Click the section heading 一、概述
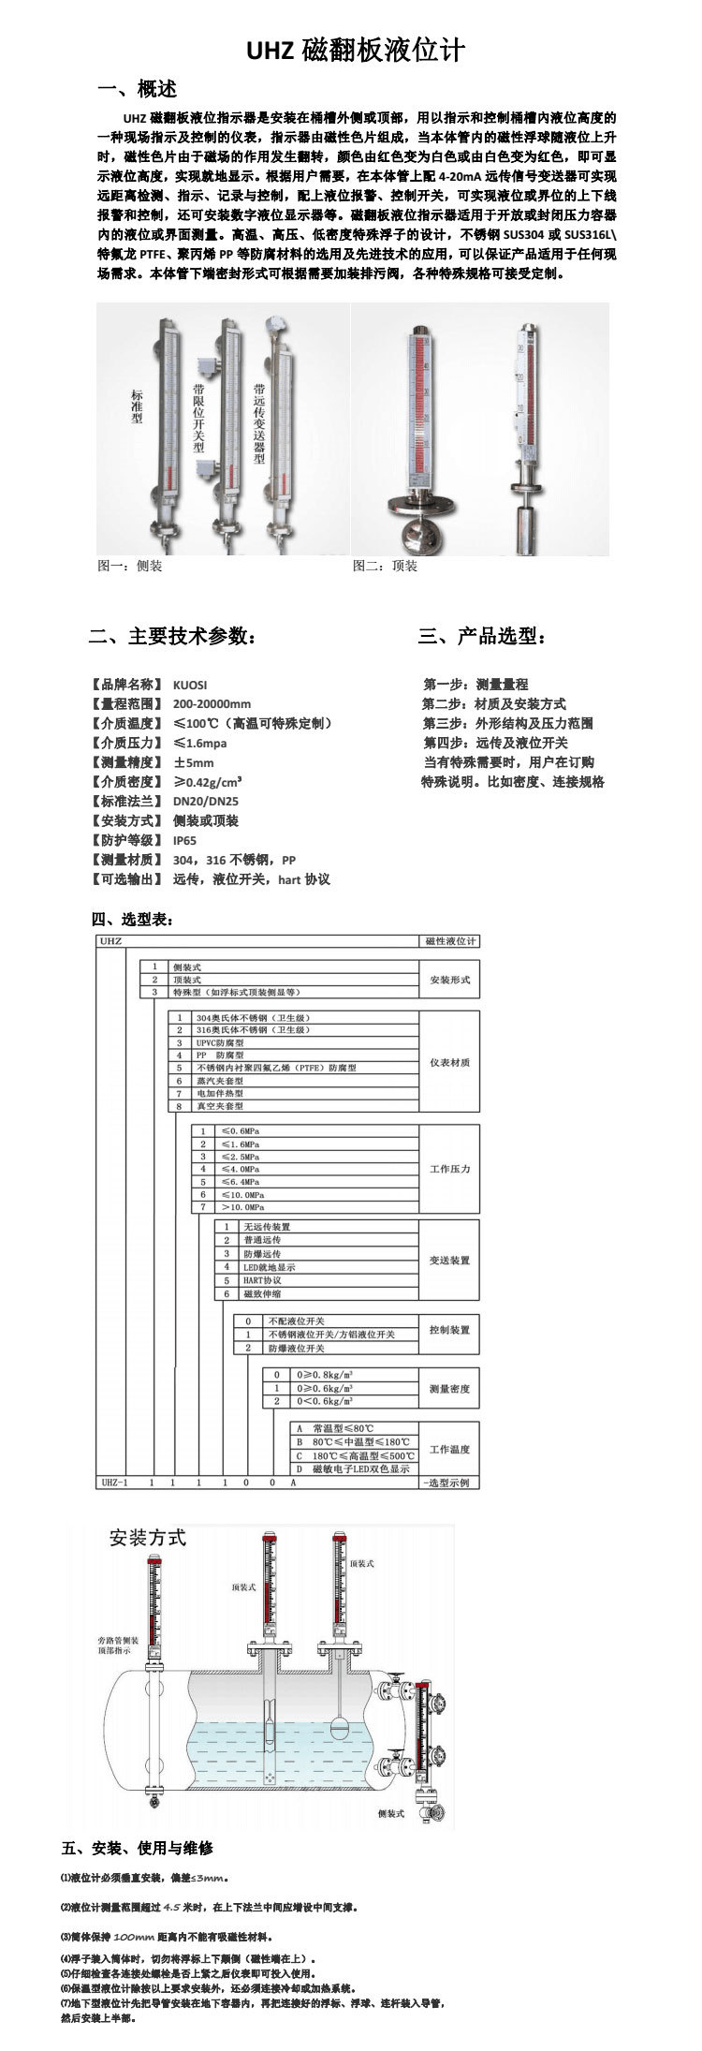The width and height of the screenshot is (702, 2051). pyautogui.click(x=138, y=90)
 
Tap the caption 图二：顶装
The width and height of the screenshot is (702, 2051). pyautogui.click(x=385, y=566)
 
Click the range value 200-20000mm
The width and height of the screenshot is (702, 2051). pyautogui.click(x=212, y=703)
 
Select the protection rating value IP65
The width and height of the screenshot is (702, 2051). pyautogui.click(x=185, y=840)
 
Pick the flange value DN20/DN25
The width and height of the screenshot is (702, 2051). pyautogui.click(x=206, y=801)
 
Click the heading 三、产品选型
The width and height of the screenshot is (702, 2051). pyautogui.click(x=483, y=637)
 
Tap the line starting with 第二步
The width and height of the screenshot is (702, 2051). pyautogui.click(x=493, y=703)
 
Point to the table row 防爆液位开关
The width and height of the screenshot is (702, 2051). pyautogui.click(x=297, y=1348)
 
